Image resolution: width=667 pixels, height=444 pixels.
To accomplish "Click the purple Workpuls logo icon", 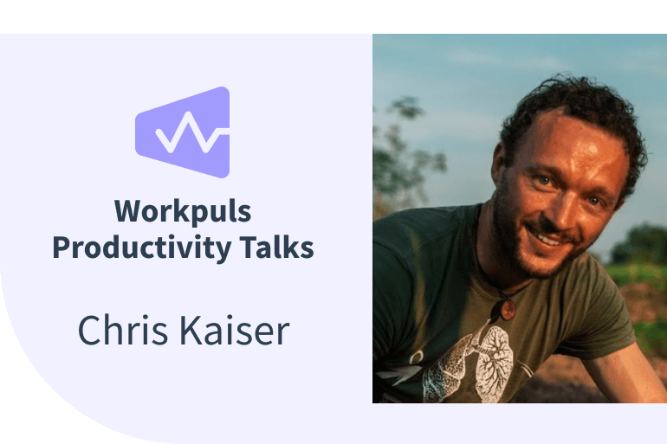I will pyautogui.click(x=183, y=132).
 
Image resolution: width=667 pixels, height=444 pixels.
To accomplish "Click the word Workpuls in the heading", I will pyautogui.click(x=183, y=212).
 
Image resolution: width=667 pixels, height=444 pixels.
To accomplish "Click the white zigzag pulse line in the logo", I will pyautogui.click(x=187, y=135).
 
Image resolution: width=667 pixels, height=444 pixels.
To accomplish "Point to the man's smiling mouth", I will pyautogui.click(x=554, y=235).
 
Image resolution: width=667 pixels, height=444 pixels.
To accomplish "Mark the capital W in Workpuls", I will pyautogui.click(x=128, y=212).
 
